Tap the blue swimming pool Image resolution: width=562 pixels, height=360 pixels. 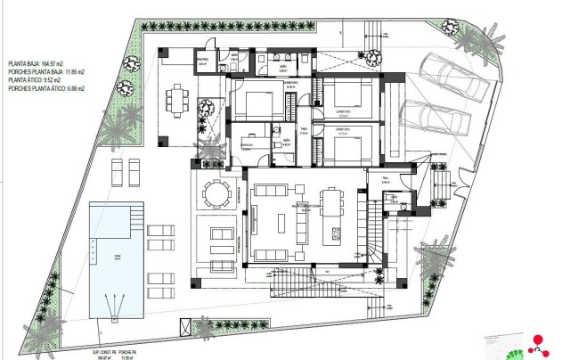coord(116,259)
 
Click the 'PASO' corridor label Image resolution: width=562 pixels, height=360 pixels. coord(303,130)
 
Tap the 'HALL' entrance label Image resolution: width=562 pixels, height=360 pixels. coord(387,179)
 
